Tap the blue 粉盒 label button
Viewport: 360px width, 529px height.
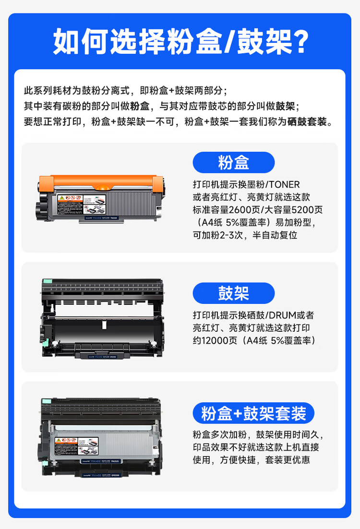click(x=233, y=163)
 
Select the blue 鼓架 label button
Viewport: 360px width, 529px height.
click(x=233, y=293)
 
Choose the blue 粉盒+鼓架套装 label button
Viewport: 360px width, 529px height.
click(x=253, y=413)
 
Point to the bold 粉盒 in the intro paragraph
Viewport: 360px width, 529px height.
click(x=139, y=106)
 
